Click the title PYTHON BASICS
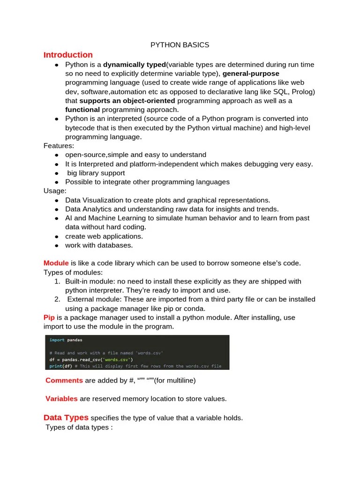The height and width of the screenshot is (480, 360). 180,45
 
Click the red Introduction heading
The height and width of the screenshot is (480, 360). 68,55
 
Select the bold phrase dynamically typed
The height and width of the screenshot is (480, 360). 135,65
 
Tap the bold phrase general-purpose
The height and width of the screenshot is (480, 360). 251,74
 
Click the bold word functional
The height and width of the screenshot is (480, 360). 82,109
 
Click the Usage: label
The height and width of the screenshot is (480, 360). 55,191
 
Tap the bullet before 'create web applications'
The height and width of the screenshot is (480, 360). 56,236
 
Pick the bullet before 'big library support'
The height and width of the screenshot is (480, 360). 56,173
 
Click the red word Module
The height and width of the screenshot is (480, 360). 56,263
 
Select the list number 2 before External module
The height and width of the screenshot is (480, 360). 57,300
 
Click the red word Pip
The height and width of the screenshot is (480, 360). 49,317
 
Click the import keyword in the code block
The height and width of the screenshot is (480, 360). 57,340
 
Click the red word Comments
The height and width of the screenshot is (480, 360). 64,381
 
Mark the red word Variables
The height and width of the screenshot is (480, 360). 61,399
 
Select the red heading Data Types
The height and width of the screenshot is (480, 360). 66,417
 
